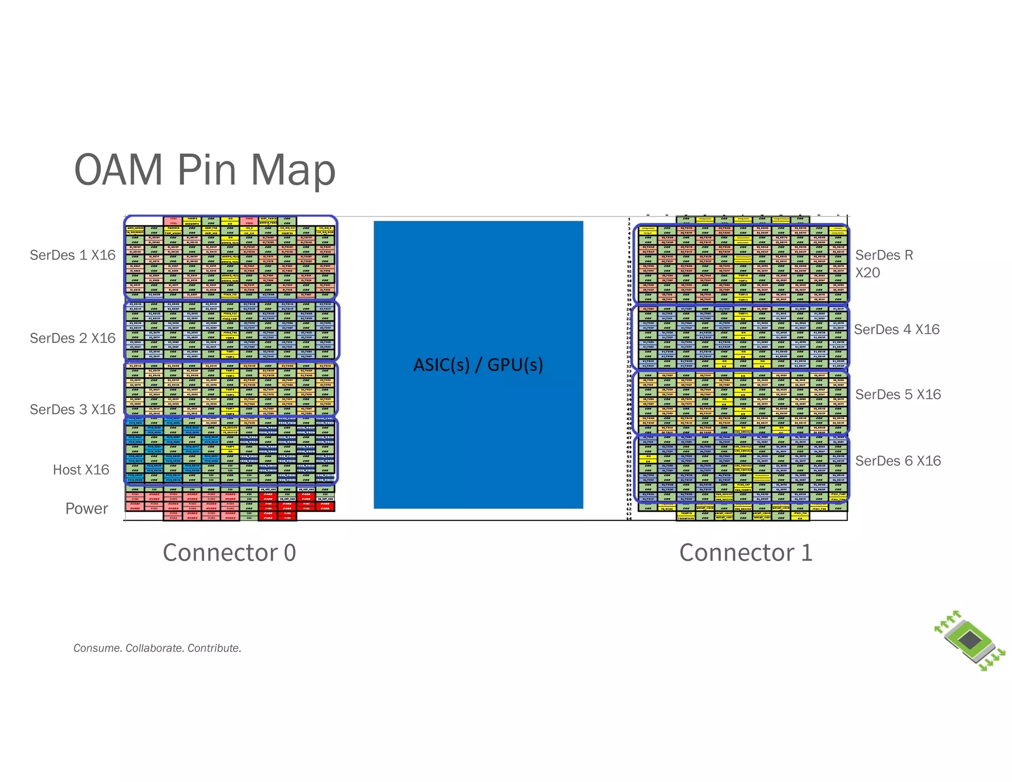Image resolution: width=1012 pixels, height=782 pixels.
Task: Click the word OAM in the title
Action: point(119,170)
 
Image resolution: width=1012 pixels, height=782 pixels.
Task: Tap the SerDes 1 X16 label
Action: point(73,255)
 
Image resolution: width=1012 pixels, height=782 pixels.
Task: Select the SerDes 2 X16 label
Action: point(73,338)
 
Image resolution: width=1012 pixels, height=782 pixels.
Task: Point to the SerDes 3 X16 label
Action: point(73,409)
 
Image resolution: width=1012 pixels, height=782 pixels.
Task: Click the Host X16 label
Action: point(81,470)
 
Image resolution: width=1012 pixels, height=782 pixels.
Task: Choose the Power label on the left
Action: point(86,509)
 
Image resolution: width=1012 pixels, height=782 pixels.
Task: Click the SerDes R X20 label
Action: point(884,263)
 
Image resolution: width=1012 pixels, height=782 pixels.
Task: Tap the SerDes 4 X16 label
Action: point(896,329)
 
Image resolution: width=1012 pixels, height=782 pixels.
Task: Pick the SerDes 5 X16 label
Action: point(898,394)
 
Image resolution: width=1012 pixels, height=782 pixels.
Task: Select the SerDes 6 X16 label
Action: point(898,461)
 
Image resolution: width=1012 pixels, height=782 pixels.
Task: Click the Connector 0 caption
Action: point(229,553)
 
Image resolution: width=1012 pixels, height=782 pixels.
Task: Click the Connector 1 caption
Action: point(746,553)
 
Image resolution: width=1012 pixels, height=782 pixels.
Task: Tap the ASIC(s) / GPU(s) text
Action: point(478,365)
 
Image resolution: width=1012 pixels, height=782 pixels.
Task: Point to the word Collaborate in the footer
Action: point(155,648)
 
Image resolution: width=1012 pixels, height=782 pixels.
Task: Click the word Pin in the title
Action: point(207,171)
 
